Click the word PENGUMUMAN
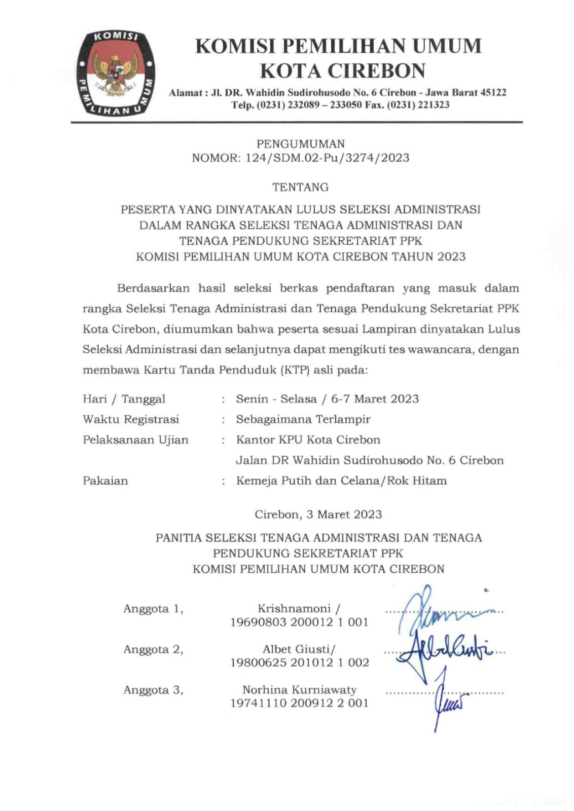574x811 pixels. [300, 144]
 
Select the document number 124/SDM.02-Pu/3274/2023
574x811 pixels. [327, 158]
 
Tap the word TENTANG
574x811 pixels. [300, 187]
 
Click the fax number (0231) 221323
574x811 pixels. [417, 105]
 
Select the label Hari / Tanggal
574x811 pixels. [124, 399]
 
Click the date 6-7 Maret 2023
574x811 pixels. [375, 399]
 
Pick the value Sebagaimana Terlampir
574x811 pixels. [303, 419]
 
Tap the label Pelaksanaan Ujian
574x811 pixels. [135, 439]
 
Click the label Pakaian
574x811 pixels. [105, 481]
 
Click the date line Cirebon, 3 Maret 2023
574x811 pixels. [318, 514]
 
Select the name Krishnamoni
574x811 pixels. [294, 608]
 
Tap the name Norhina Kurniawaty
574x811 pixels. [299, 690]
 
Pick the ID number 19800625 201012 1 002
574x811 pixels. [299, 662]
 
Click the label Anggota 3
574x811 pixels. [153, 690]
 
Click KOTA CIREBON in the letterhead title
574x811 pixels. [343, 71]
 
